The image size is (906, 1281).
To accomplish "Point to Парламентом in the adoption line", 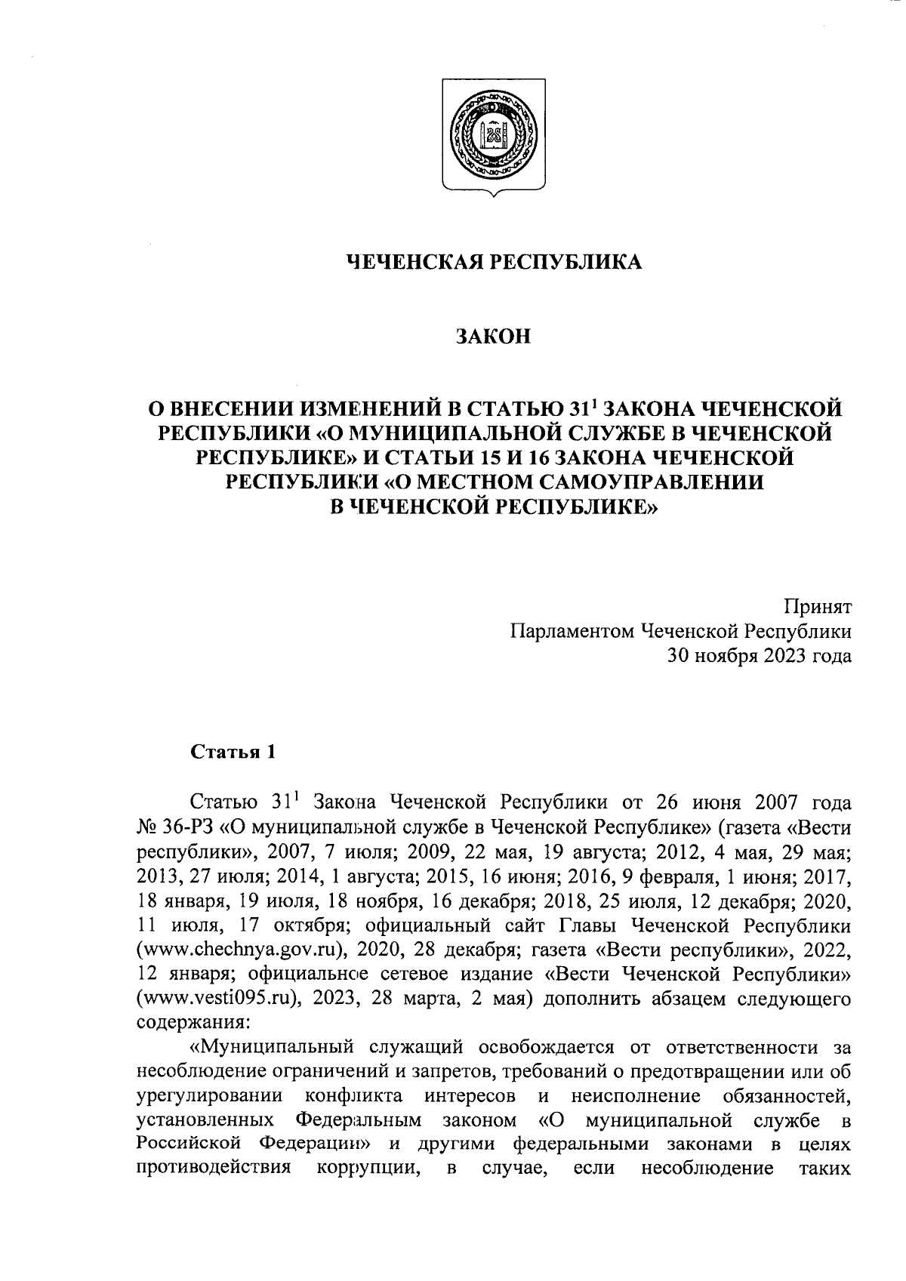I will pos(571,631).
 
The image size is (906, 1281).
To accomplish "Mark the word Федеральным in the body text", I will pos(358,1120).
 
